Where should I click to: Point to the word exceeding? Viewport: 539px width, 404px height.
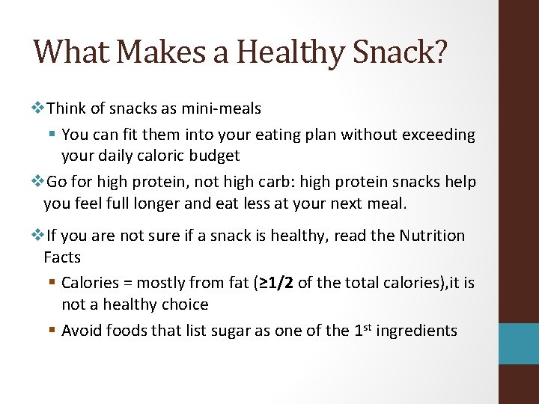click(x=439, y=135)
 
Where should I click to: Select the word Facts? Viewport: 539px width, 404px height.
click(x=62, y=257)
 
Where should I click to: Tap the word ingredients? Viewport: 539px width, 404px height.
click(x=416, y=331)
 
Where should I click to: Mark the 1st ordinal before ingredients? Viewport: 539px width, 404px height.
click(x=362, y=330)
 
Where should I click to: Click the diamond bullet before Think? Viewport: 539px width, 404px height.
click(x=38, y=108)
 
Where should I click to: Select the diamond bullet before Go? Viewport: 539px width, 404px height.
click(x=38, y=182)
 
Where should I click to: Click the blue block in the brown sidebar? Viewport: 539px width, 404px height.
click(x=519, y=343)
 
